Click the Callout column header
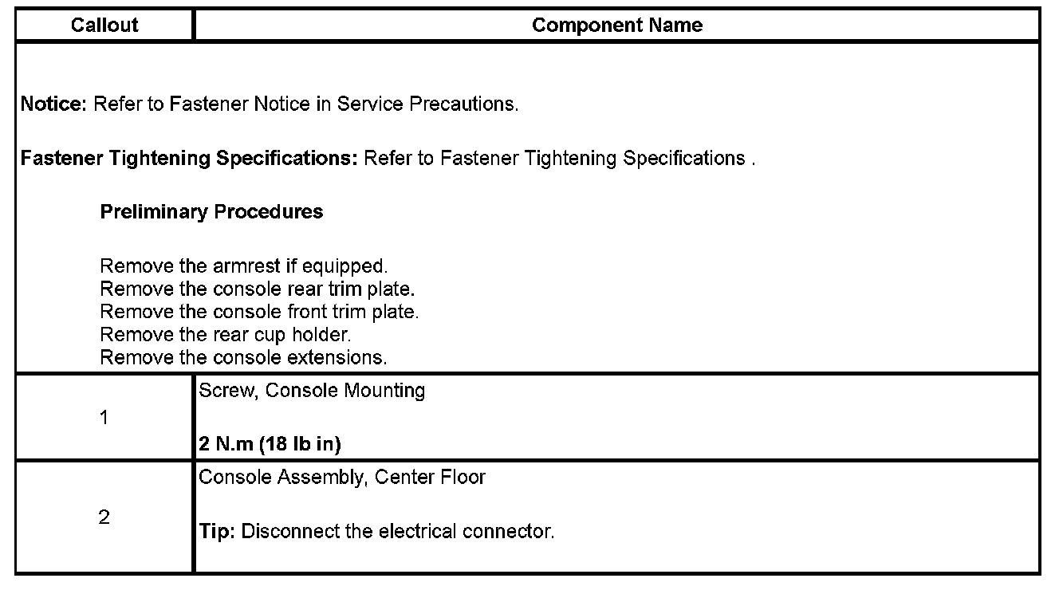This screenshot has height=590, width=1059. click(x=104, y=26)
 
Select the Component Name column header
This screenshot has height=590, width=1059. click(x=616, y=26)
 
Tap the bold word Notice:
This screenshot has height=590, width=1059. click(x=53, y=104)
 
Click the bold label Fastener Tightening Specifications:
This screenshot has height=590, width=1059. click(x=189, y=159)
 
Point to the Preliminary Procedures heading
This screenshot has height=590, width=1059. click(x=211, y=212)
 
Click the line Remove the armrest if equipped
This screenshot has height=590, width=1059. click(x=243, y=266)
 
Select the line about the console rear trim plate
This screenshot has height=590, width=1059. click(x=257, y=289)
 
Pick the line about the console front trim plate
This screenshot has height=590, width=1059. click(x=259, y=312)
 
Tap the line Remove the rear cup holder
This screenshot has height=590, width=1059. click(x=226, y=335)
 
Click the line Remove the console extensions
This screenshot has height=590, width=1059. click(x=243, y=358)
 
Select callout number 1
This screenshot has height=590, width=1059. click(x=104, y=418)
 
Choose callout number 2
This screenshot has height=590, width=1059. click(x=104, y=517)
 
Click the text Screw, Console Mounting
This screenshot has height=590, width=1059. click(x=312, y=391)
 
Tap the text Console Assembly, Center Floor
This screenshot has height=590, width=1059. click(x=342, y=478)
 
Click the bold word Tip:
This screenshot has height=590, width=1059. click(x=216, y=531)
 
